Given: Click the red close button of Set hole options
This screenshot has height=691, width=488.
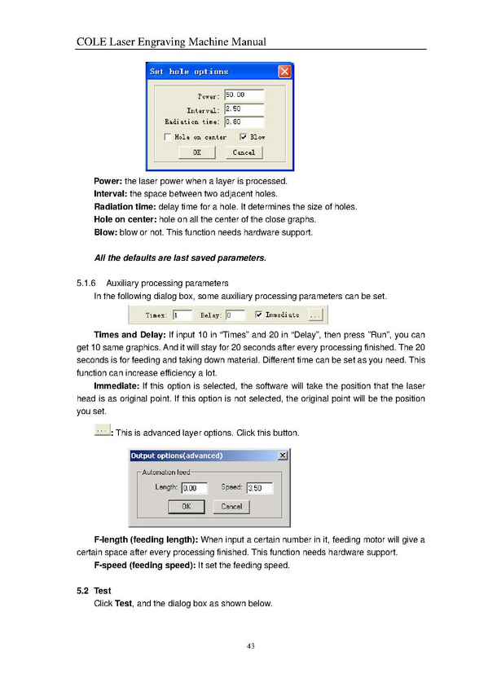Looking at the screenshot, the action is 285,72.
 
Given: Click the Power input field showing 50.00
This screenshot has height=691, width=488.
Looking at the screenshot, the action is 244,95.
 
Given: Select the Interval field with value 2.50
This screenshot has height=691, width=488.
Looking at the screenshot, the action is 244,109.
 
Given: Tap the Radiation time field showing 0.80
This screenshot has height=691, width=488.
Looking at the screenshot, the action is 244,122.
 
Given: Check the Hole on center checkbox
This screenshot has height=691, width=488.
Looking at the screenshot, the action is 168,137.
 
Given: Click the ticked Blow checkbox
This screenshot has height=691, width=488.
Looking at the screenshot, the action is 243,137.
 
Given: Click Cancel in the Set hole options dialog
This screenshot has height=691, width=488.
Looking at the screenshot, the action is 244,152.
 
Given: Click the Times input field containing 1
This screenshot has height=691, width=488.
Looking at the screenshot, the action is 182,315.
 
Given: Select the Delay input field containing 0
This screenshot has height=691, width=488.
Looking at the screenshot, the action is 235,315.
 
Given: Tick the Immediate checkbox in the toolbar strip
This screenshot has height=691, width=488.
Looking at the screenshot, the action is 258,315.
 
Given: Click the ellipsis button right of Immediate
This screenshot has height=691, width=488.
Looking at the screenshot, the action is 315,315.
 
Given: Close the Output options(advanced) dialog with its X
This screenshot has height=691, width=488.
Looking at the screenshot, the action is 283,456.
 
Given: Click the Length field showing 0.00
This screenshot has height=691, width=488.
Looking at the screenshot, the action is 194,488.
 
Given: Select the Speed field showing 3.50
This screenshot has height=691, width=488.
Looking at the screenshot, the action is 260,488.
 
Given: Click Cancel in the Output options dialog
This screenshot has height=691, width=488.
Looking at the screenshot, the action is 231,506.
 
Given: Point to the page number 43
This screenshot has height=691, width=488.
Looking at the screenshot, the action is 251,646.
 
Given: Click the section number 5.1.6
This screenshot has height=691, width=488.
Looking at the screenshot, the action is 86,283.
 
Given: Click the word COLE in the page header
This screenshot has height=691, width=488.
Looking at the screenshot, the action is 91,42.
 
